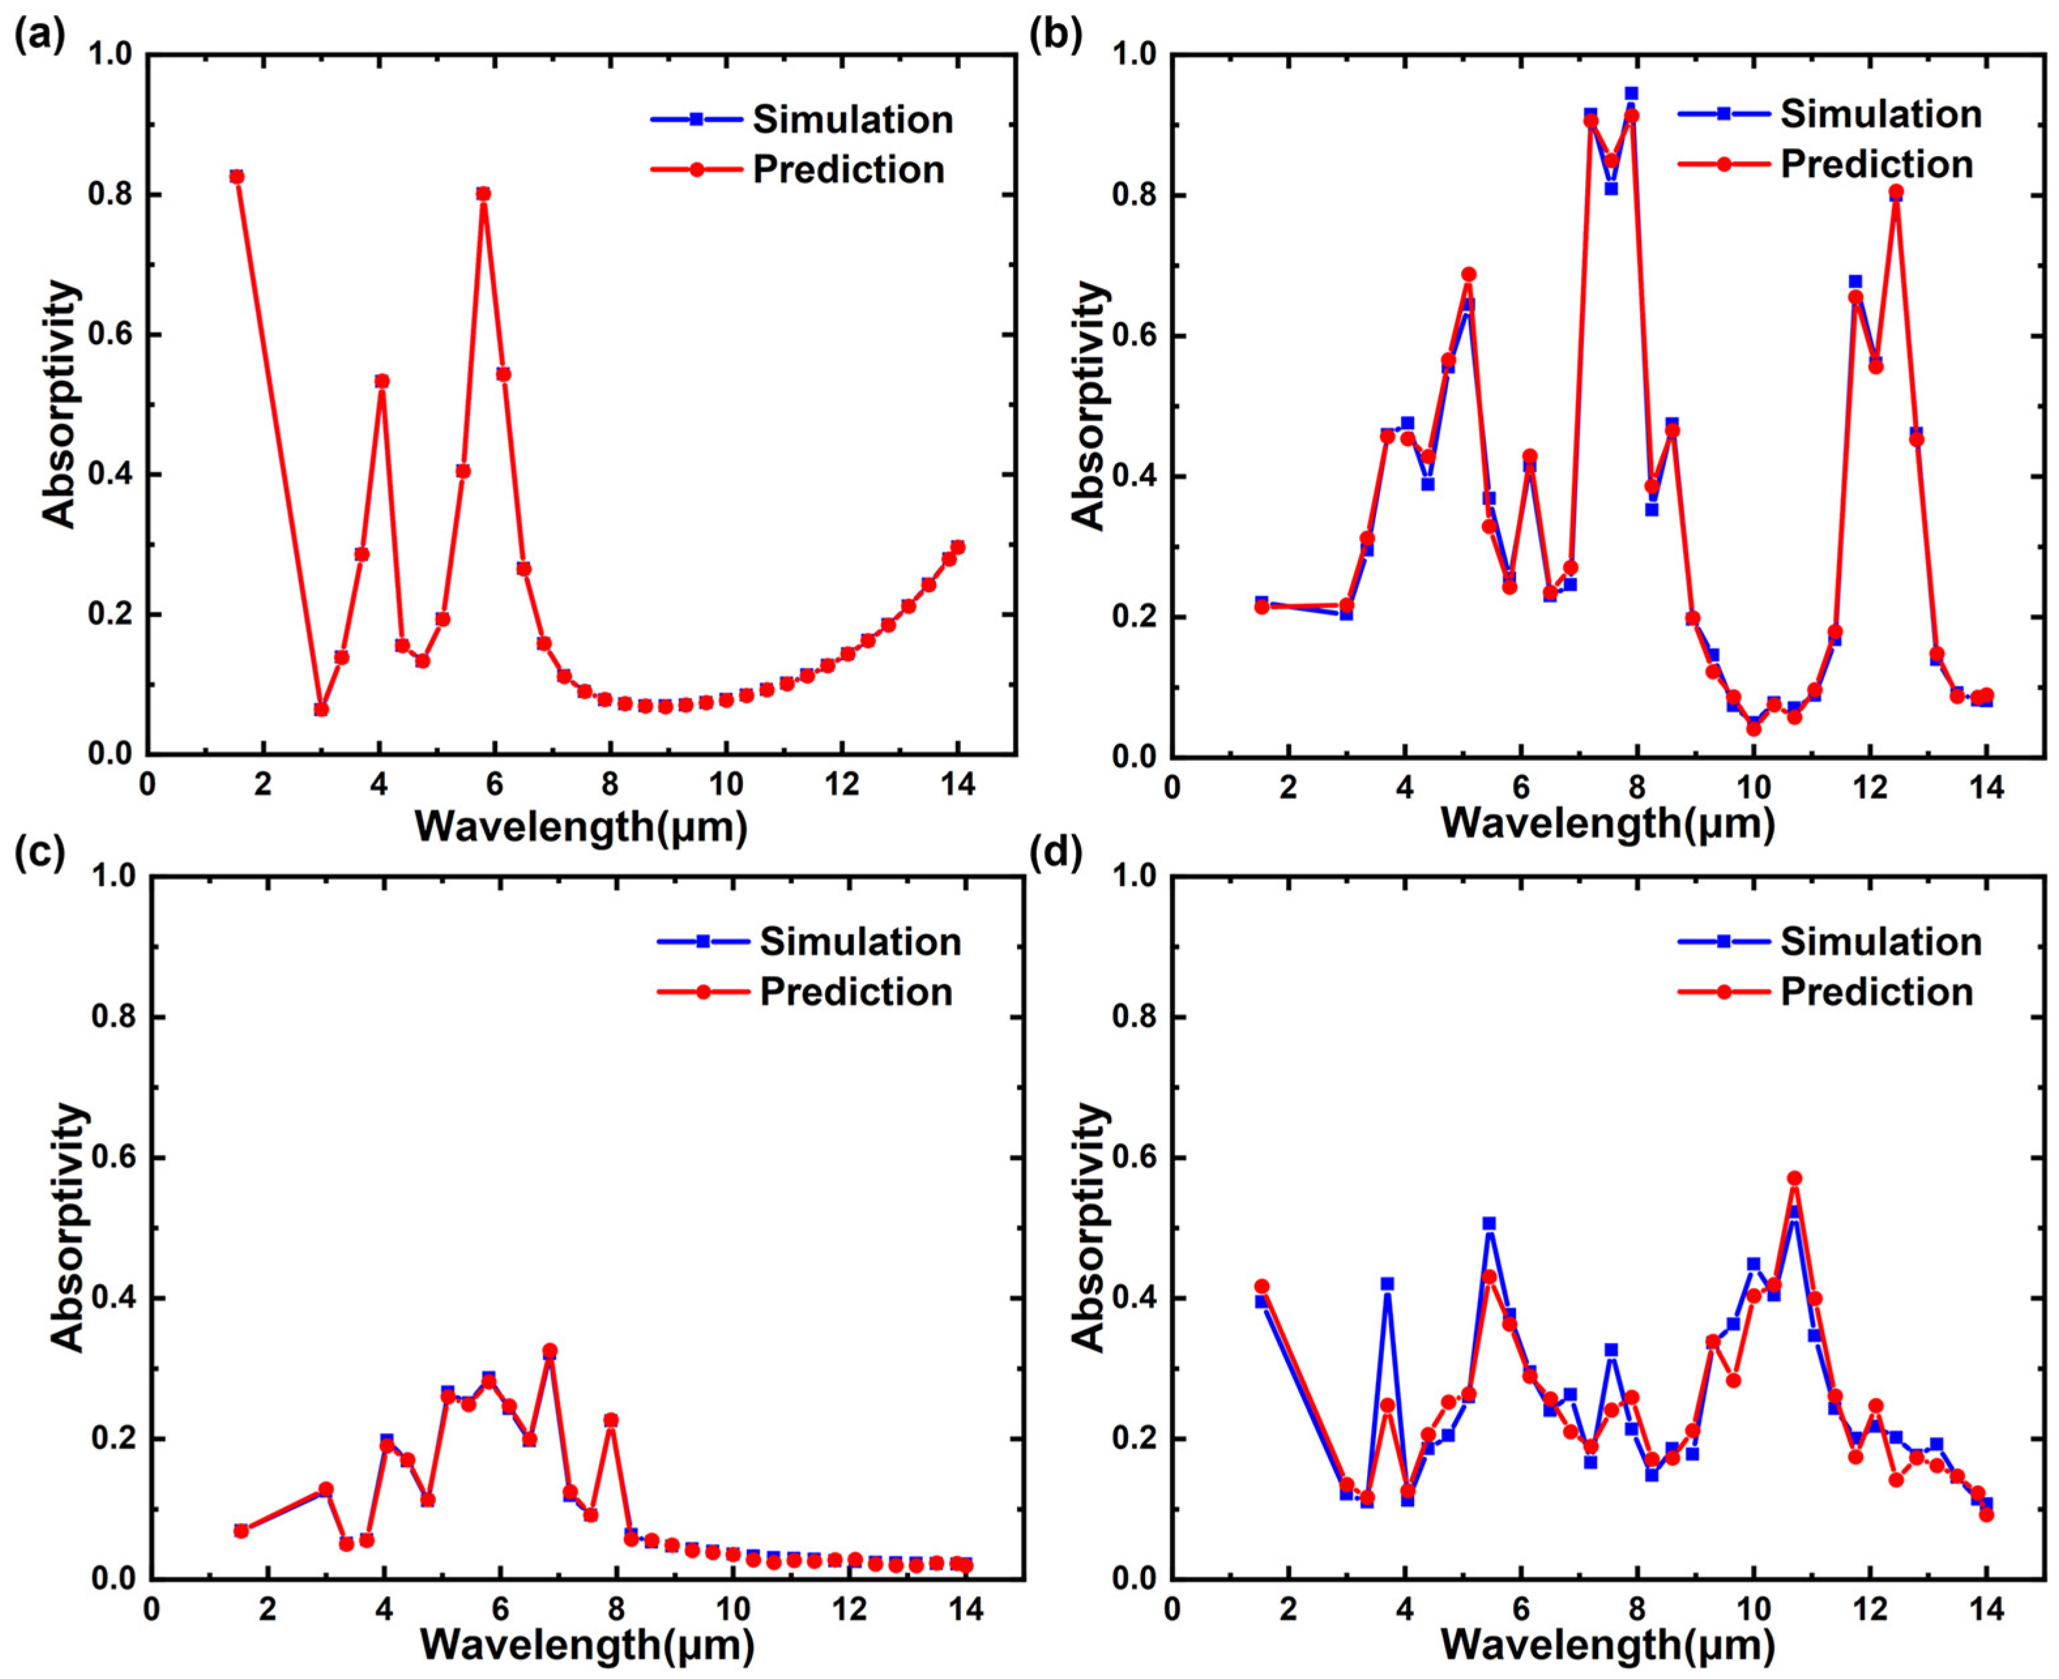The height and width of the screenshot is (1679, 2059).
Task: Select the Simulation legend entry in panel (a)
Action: click(x=852, y=120)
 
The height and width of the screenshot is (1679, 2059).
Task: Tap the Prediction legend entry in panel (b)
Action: click(x=1876, y=165)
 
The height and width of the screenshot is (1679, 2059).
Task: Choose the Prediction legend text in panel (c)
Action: click(x=855, y=992)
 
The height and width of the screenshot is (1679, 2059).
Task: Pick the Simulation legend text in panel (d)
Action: click(x=1880, y=942)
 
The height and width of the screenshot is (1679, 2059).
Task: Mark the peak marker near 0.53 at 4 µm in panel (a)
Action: click(x=382, y=381)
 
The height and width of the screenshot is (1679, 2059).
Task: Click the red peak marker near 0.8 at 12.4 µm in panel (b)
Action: click(x=1896, y=191)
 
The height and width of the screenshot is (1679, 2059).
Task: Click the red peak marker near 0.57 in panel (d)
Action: click(x=1794, y=1178)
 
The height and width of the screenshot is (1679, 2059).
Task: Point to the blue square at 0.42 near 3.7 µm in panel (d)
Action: click(x=1387, y=1283)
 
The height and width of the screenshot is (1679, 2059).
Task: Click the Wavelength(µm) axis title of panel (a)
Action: click(x=581, y=827)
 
